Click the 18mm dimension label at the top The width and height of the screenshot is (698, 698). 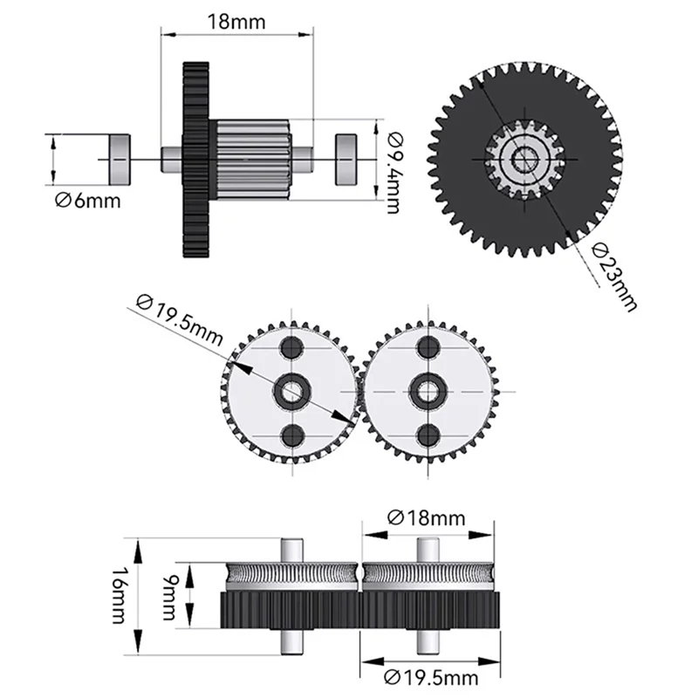click(236, 22)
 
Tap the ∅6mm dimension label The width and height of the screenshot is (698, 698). click(86, 202)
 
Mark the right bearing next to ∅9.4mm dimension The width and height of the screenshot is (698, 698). click(347, 158)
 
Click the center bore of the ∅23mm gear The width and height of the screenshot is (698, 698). click(525, 159)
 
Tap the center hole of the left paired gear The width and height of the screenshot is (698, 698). click(289, 391)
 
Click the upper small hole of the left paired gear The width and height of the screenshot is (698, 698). click(289, 347)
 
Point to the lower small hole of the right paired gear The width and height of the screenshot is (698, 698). click(428, 435)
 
